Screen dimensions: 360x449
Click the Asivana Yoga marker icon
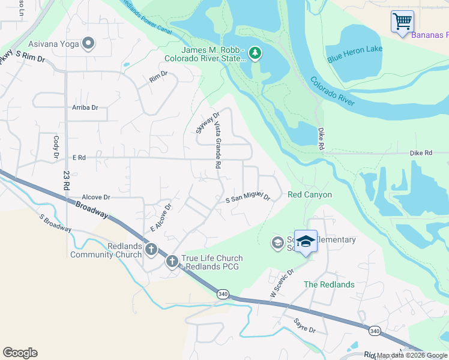click(89, 43)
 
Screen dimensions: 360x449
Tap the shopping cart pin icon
click(402, 22)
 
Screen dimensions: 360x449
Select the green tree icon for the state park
click(255, 54)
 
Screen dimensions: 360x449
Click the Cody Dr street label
click(56, 148)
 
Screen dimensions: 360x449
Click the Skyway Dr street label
click(203, 122)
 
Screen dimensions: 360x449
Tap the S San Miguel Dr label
click(248, 199)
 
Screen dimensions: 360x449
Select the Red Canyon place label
click(310, 195)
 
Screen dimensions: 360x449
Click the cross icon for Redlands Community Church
click(150, 248)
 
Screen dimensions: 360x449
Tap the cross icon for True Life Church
click(172, 261)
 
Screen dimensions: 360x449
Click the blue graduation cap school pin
click(306, 241)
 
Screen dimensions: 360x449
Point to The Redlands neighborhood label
click(329, 284)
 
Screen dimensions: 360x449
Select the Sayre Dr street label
click(305, 327)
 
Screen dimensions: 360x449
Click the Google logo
click(20, 353)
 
